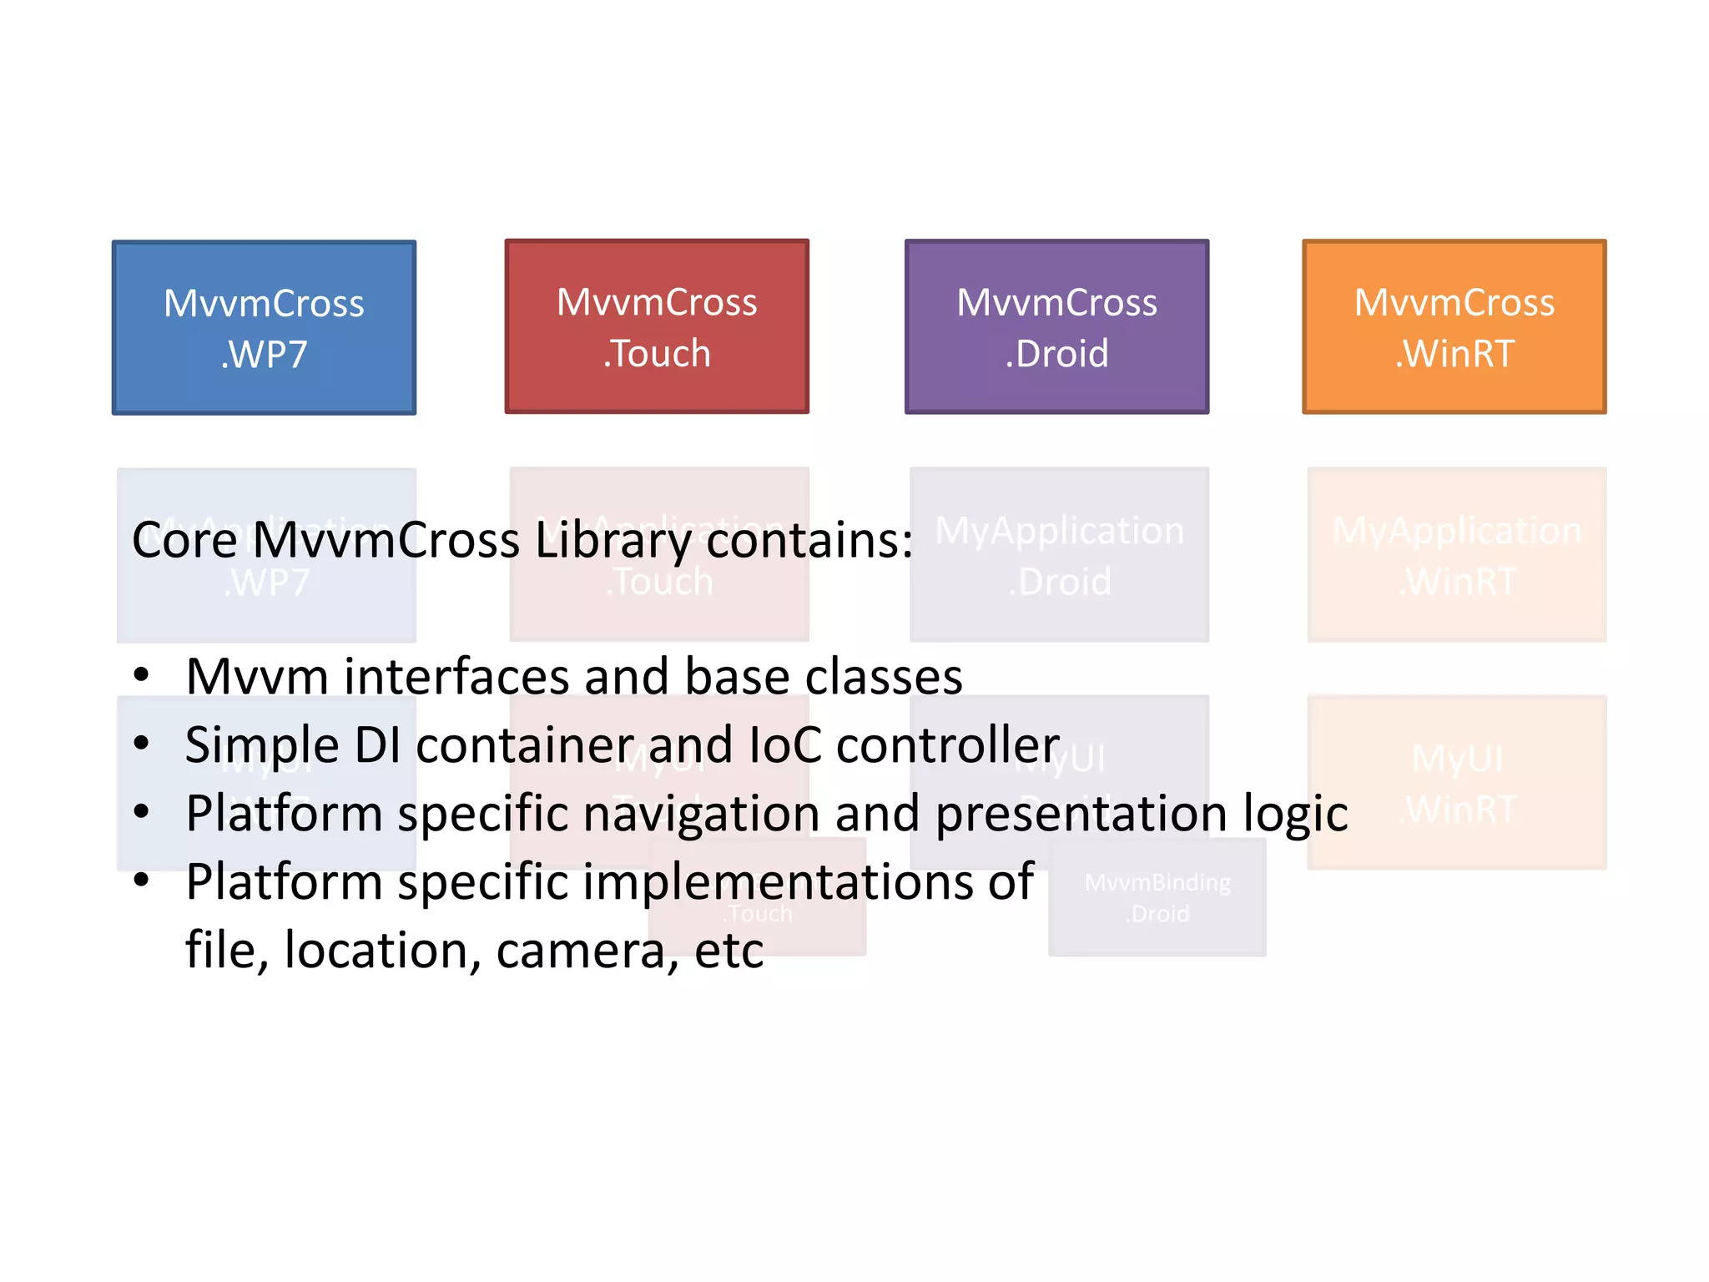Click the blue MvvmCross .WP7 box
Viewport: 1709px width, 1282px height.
pos(264,328)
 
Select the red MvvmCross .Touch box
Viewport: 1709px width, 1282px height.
pos(657,326)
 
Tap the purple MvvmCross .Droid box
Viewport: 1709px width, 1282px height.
pos(1056,326)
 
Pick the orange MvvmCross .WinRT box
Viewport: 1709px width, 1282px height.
pos(1454,326)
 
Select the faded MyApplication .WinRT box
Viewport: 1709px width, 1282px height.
pos(1456,555)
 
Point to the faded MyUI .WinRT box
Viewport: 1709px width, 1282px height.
pos(1456,783)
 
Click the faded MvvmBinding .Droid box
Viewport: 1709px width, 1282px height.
pos(1157,898)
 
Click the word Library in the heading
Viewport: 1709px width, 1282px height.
pos(613,540)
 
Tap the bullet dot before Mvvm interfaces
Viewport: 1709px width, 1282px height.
pos(141,674)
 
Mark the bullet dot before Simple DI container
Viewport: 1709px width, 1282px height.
pos(141,743)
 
